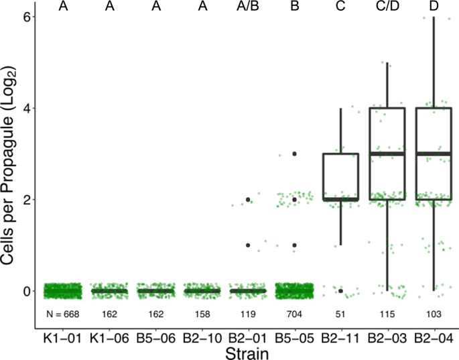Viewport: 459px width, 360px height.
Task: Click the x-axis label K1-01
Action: [63, 339]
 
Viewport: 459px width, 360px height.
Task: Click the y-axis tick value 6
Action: [27, 16]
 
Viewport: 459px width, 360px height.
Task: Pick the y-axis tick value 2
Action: [27, 199]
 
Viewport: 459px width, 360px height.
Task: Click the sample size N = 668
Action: [62, 314]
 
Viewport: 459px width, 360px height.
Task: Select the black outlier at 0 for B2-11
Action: [341, 291]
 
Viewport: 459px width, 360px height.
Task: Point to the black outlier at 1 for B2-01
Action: [249, 245]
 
